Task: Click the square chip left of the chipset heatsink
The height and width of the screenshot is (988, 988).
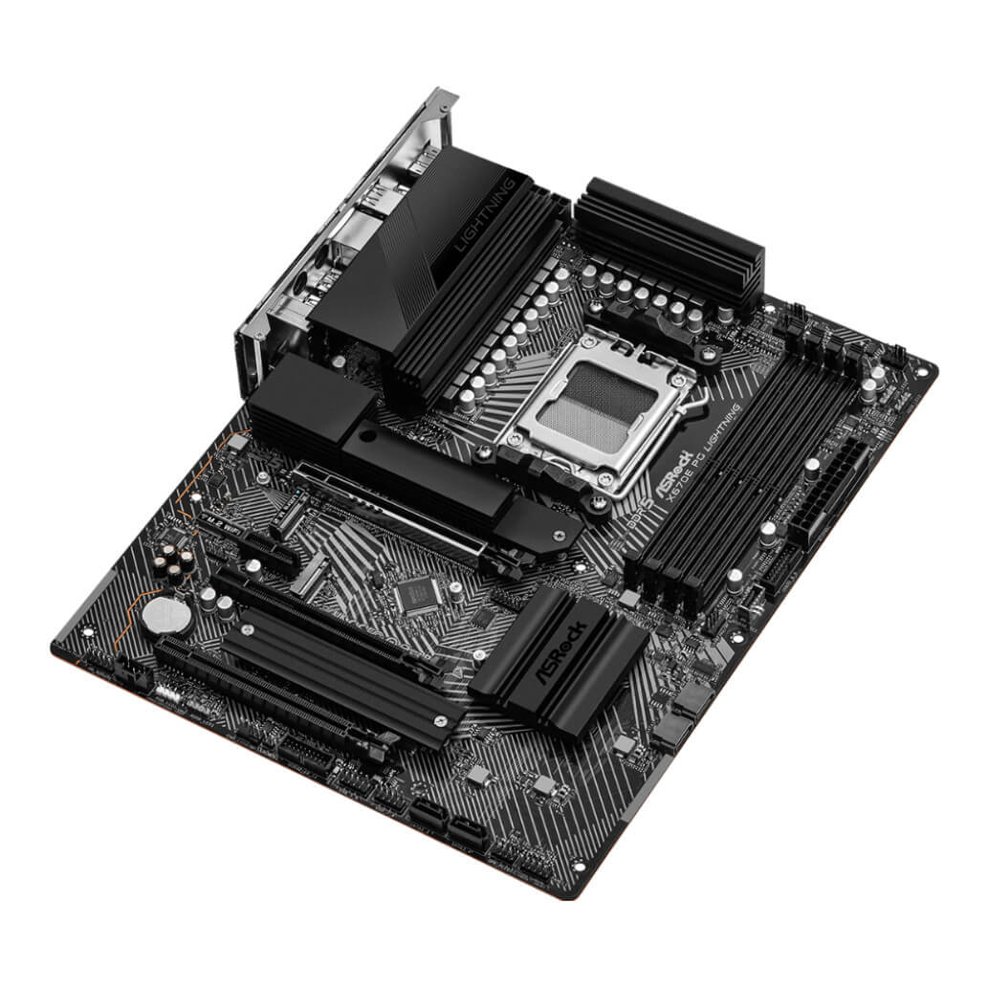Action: (x=417, y=595)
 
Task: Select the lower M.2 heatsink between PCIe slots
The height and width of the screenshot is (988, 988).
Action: (x=335, y=670)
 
